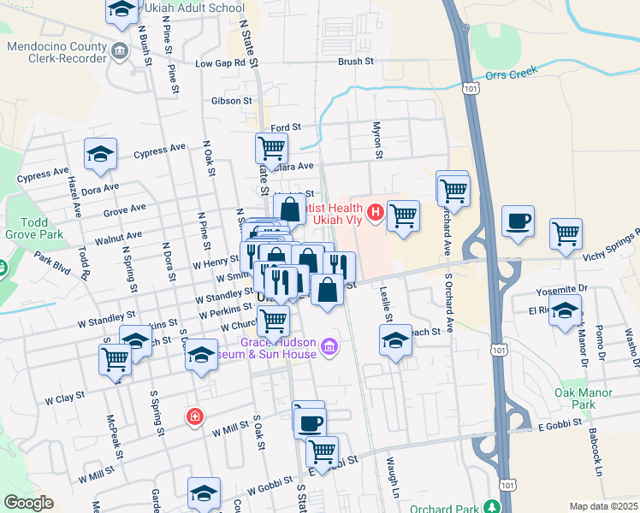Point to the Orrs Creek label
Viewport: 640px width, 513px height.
tap(517, 75)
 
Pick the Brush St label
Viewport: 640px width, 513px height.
tap(356, 62)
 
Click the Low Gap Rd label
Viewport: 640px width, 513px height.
tap(226, 63)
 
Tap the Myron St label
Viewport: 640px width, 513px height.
tap(376, 140)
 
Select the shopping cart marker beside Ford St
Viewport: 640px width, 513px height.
tap(271, 149)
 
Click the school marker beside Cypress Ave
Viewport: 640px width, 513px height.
tap(100, 155)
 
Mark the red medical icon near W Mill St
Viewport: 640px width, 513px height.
tap(195, 416)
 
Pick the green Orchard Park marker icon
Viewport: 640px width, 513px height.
tap(492, 505)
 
